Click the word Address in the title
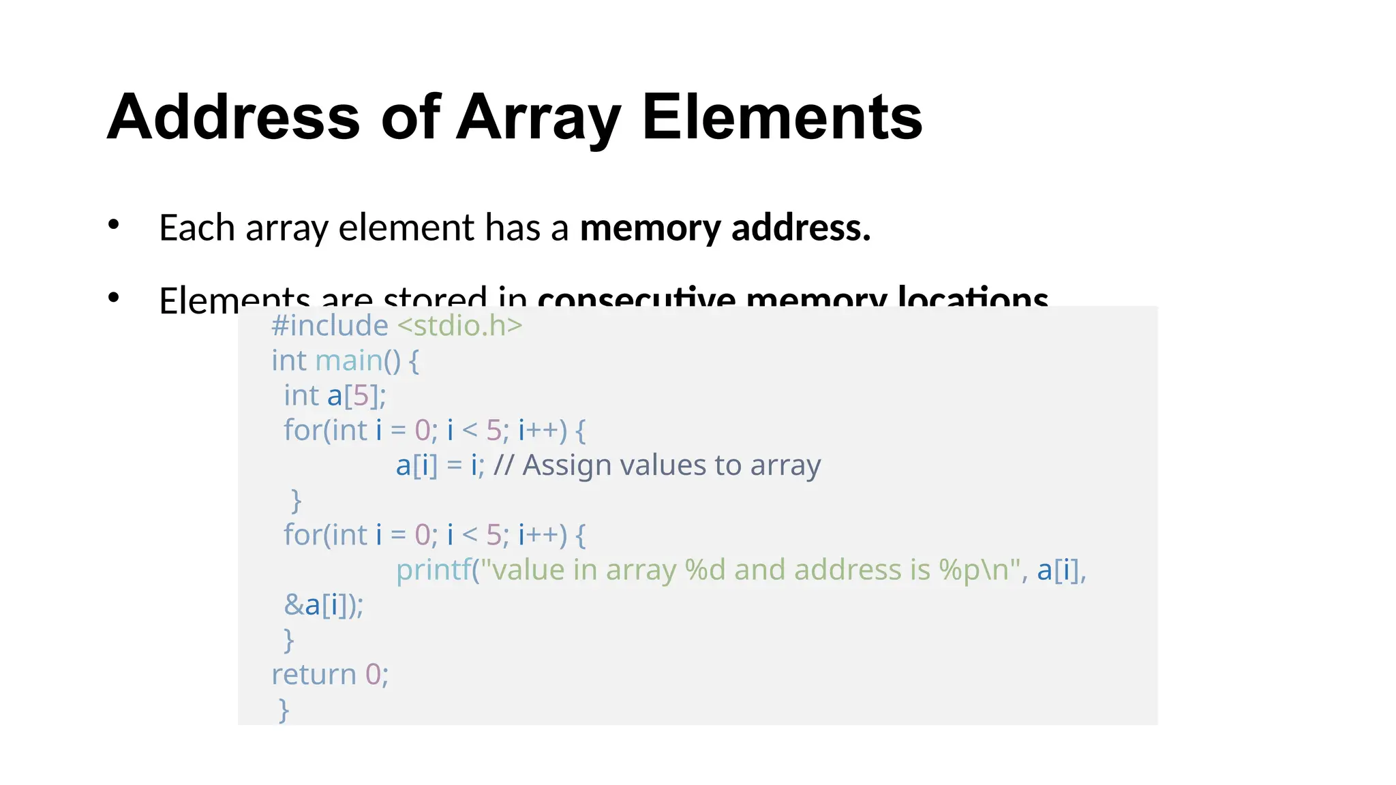tap(233, 117)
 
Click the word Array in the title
tap(538, 117)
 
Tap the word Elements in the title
tap(782, 117)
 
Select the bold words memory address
tap(725, 228)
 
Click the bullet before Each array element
tap(114, 225)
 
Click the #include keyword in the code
tap(330, 326)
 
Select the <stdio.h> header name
tap(459, 326)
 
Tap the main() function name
tap(357, 360)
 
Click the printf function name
tap(434, 570)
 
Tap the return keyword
tap(314, 675)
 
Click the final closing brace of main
tap(284, 710)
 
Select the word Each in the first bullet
tap(196, 228)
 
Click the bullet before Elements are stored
tap(114, 297)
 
